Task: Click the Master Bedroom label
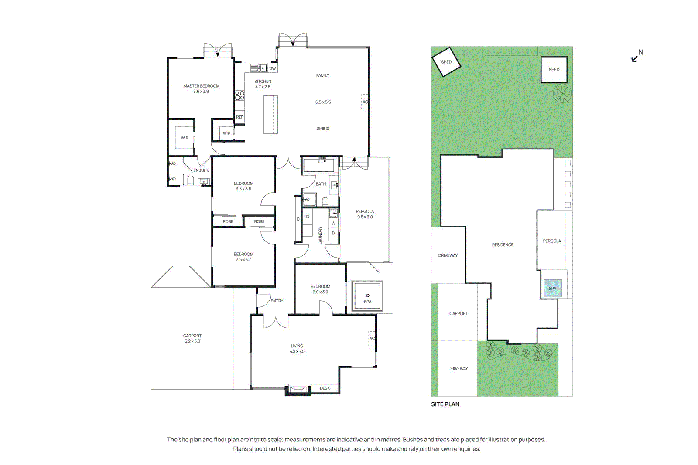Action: pos(201,86)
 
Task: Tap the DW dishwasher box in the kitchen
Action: pos(272,68)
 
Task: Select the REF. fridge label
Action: pos(240,117)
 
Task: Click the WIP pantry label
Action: pos(226,133)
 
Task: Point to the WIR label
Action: pos(185,138)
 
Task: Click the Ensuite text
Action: pos(201,170)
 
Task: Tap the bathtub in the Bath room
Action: pos(318,166)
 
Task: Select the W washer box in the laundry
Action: pos(333,223)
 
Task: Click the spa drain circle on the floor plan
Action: pos(368,295)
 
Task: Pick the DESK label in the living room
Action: pos(325,388)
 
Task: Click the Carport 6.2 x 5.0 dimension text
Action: pos(192,341)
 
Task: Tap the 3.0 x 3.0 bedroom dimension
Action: pos(320,292)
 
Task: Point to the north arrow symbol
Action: pos(635,58)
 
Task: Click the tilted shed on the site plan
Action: pos(446,62)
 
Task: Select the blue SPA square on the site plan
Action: pos(552,289)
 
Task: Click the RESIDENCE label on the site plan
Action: pos(503,245)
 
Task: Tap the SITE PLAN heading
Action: pos(445,404)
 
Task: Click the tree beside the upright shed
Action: pos(562,93)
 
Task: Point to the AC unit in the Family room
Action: pos(365,102)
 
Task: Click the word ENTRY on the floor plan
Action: pos(277,301)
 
